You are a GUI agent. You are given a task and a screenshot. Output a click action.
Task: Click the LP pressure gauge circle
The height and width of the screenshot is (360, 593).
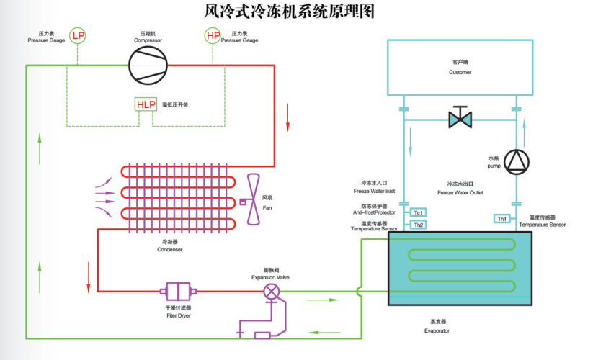pyautogui.click(x=77, y=35)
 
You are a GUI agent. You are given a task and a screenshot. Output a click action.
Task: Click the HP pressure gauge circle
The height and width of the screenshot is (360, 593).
pyautogui.click(x=213, y=35)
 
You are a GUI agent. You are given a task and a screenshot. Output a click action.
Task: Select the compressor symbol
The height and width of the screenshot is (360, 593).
pyautogui.click(x=148, y=66)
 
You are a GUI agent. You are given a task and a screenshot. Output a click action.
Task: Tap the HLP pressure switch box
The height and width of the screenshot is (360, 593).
pyautogui.click(x=146, y=104)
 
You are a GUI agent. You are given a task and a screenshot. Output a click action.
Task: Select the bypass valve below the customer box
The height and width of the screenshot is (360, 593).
pyautogui.click(x=460, y=117)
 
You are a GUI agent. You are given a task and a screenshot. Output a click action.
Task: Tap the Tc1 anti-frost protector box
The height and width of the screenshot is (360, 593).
pyautogui.click(x=418, y=212)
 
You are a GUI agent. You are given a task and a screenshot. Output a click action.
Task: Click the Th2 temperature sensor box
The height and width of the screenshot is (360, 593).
pyautogui.click(x=418, y=225)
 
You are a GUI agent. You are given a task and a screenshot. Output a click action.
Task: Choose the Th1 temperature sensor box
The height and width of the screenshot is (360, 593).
pyautogui.click(x=502, y=218)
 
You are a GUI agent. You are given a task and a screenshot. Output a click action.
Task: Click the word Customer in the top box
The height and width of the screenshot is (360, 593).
pyautogui.click(x=460, y=72)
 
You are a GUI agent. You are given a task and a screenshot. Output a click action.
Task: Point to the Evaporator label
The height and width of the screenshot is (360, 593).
pyautogui.click(x=436, y=330)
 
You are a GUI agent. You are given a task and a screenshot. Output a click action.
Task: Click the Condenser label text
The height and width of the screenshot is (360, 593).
pyautogui.click(x=169, y=250)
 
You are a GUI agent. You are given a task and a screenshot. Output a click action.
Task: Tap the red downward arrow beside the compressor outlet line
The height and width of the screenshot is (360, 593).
pyautogui.click(x=287, y=117)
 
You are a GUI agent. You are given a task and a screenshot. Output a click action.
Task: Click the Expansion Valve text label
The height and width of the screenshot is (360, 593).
pyautogui.click(x=270, y=277)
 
